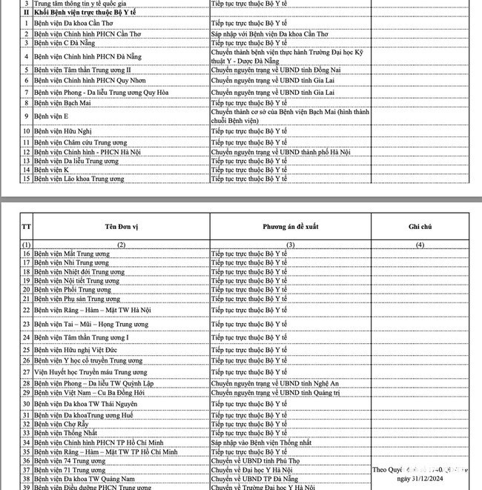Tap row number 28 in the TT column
tap(27, 383)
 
